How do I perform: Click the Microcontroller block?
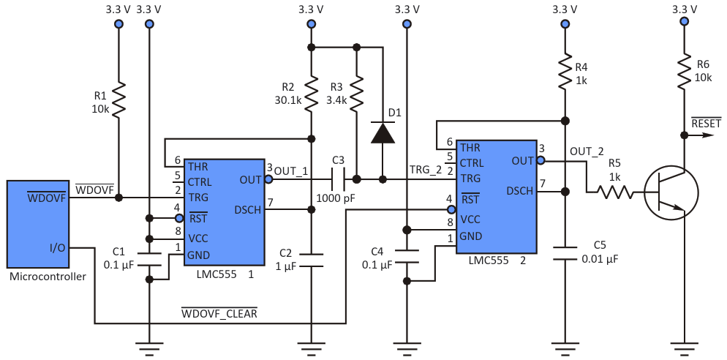37,224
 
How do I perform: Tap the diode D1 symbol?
383,132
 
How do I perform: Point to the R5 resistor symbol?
614,192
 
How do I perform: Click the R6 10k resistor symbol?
683,72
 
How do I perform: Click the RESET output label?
706,122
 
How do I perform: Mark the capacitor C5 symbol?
565,253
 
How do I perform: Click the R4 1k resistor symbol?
565,72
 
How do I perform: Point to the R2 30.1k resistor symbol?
312,94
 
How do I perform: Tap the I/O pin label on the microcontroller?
58,248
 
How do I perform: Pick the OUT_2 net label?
586,151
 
